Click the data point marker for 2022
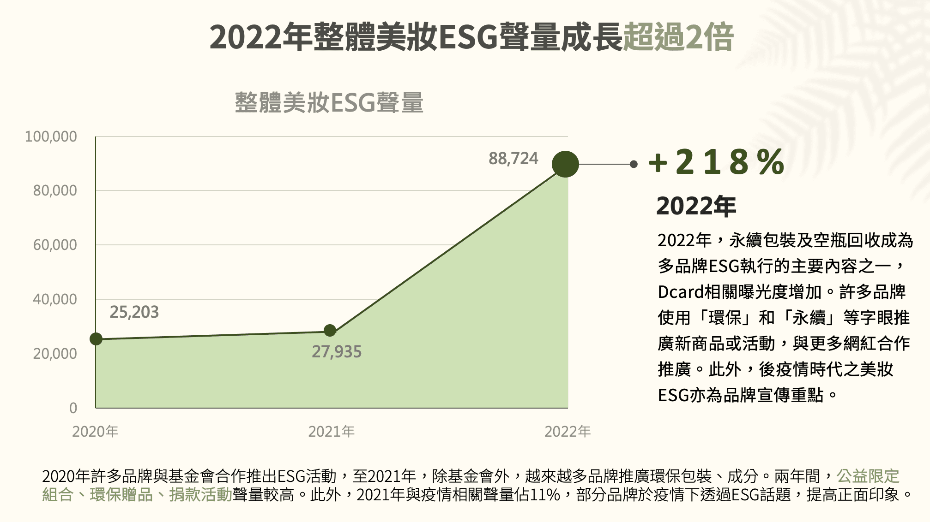(x=565, y=164)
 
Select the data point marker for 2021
(x=330, y=330)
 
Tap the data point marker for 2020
(x=96, y=339)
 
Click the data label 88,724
(x=513, y=159)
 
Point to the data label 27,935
(x=337, y=352)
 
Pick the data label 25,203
(x=134, y=312)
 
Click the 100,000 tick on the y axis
(x=51, y=136)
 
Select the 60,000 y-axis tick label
(x=55, y=245)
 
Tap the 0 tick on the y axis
(x=73, y=408)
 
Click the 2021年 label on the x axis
(x=331, y=432)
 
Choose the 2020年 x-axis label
(x=95, y=432)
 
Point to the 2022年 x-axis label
(x=568, y=432)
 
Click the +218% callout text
(x=716, y=162)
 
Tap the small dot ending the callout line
(x=634, y=164)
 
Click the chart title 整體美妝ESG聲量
(x=329, y=102)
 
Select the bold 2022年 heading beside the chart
(x=696, y=206)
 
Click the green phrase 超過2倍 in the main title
(x=678, y=37)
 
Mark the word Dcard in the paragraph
(x=681, y=292)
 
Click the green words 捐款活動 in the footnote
(x=200, y=495)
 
